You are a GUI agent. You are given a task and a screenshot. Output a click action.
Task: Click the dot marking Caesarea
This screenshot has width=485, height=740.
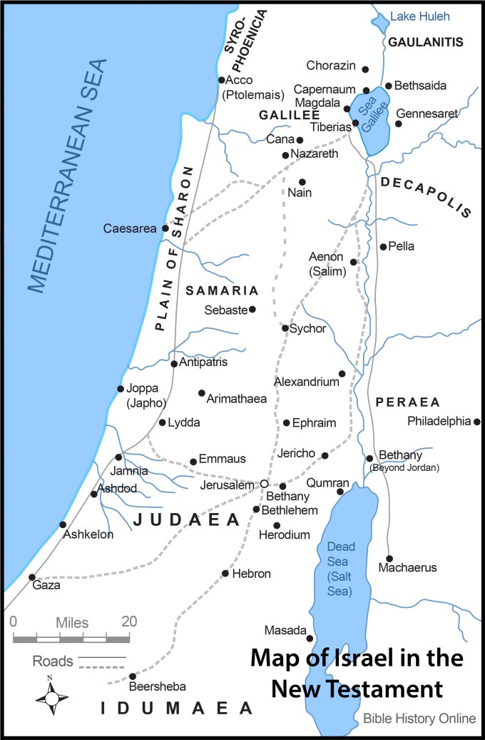[x=165, y=228]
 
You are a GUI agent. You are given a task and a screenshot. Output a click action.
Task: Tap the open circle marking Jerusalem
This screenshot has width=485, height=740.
[x=264, y=483]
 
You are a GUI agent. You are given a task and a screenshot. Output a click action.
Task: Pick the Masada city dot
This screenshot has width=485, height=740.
[x=310, y=639]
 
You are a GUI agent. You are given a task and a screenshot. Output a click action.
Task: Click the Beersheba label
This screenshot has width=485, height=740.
[x=158, y=686]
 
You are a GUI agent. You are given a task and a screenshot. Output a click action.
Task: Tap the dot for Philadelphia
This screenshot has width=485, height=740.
[x=477, y=422]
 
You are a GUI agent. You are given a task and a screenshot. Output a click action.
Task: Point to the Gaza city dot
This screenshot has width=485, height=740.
[x=31, y=577]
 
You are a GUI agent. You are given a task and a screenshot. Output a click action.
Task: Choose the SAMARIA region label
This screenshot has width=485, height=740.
[x=221, y=290]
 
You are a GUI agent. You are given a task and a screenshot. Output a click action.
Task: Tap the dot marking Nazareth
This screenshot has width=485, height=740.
[x=285, y=155]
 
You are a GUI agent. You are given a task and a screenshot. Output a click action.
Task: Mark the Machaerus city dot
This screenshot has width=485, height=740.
[x=389, y=558]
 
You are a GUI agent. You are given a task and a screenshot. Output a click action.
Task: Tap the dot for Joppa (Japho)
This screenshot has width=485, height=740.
[x=121, y=389]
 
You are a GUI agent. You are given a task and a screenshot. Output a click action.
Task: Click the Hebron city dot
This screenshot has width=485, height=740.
[x=225, y=573]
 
